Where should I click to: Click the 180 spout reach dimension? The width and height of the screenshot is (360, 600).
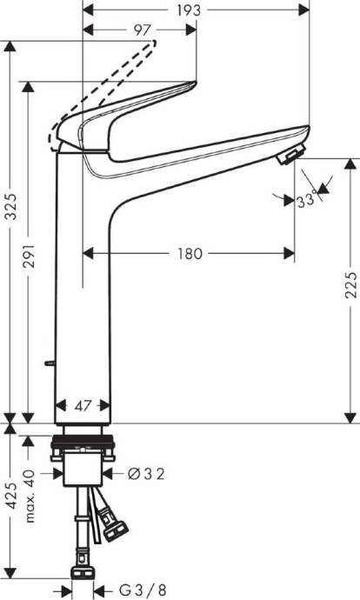coord(190,254)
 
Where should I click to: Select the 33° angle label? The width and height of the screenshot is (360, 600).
coord(305,200)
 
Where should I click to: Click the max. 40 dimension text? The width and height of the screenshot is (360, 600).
coord(31,497)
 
